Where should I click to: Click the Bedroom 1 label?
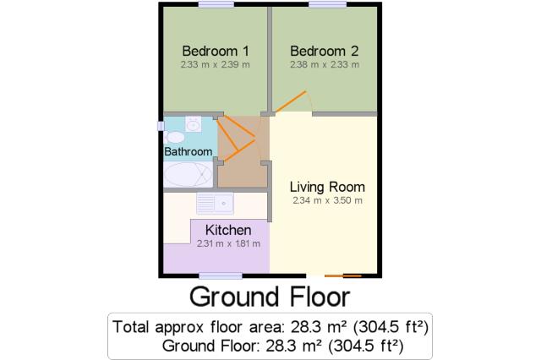[x=216, y=51]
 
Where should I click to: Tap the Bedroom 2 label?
[x=325, y=51]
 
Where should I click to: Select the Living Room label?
[x=327, y=187]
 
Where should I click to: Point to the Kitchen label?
[x=228, y=230]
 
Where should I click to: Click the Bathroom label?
[x=188, y=151]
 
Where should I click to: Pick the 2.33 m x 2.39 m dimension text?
[x=216, y=64]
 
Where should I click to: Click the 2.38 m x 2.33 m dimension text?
[x=325, y=64]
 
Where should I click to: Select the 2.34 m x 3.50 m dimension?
[x=327, y=200]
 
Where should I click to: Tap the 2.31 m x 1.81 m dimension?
[x=228, y=243]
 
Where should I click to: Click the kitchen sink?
[x=215, y=203]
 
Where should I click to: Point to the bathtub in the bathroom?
[x=188, y=174]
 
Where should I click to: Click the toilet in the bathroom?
[x=174, y=137]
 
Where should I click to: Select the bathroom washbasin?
[x=194, y=124]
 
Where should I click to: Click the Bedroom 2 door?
[x=291, y=101]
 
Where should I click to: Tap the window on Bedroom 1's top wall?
[x=216, y=4]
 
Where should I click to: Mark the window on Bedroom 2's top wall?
[x=327, y=4]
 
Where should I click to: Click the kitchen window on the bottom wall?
[x=221, y=275]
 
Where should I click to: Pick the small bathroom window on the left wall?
[x=161, y=126]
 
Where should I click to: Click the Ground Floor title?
[x=270, y=297]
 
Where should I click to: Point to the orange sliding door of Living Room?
[x=343, y=275]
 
